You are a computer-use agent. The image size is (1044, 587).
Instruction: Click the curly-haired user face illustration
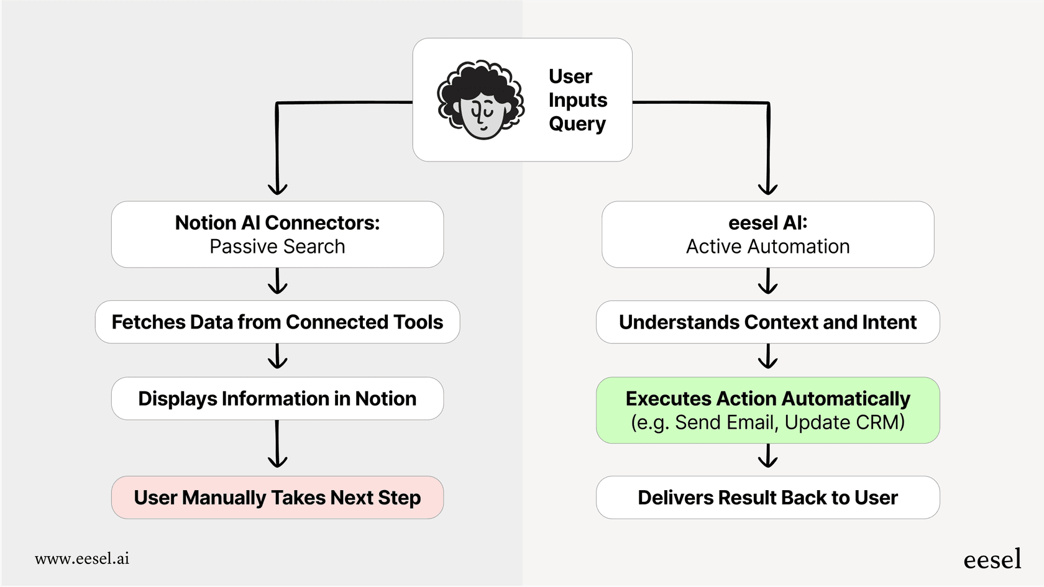tap(480, 100)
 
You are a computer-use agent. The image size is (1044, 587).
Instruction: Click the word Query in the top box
tap(577, 124)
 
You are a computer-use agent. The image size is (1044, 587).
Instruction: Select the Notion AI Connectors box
tap(277, 234)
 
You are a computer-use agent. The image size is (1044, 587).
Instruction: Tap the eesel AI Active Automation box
tap(767, 234)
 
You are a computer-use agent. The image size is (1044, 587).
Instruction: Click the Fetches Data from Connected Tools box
tap(277, 322)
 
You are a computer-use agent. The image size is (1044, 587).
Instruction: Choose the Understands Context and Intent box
tap(767, 322)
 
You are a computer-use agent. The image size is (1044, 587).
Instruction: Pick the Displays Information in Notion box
tap(277, 398)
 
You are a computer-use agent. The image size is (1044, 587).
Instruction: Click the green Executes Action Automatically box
tap(767, 410)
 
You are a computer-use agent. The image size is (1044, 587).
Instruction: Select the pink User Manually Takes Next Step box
tap(277, 498)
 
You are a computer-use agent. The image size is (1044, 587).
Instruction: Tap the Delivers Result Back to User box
tap(767, 498)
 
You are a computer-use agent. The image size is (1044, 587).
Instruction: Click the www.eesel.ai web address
tap(82, 558)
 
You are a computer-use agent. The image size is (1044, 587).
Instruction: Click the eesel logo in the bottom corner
tap(992, 560)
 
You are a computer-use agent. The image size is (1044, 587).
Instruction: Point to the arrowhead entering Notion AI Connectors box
tap(277, 189)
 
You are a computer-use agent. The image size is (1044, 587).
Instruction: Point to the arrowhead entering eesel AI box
tap(768, 189)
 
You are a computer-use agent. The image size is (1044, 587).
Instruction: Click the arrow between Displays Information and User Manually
tap(277, 445)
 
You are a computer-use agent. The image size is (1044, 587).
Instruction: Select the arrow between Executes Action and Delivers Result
tap(768, 457)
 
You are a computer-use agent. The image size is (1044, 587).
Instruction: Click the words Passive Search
tap(277, 247)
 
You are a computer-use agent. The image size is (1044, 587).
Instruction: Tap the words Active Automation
tap(767, 247)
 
